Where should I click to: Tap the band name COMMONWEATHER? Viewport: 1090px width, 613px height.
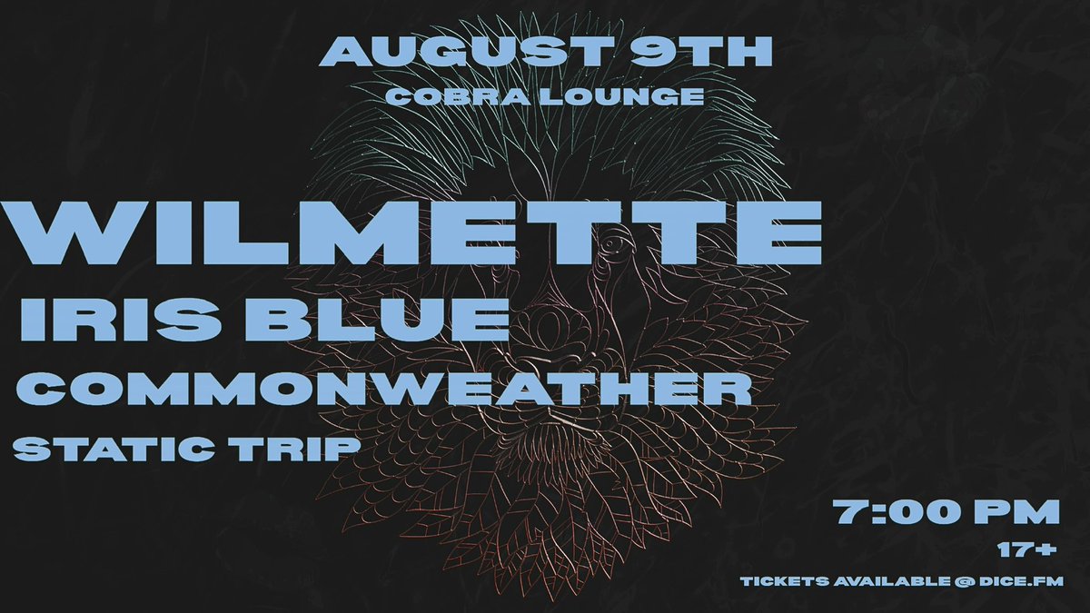point(384,391)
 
